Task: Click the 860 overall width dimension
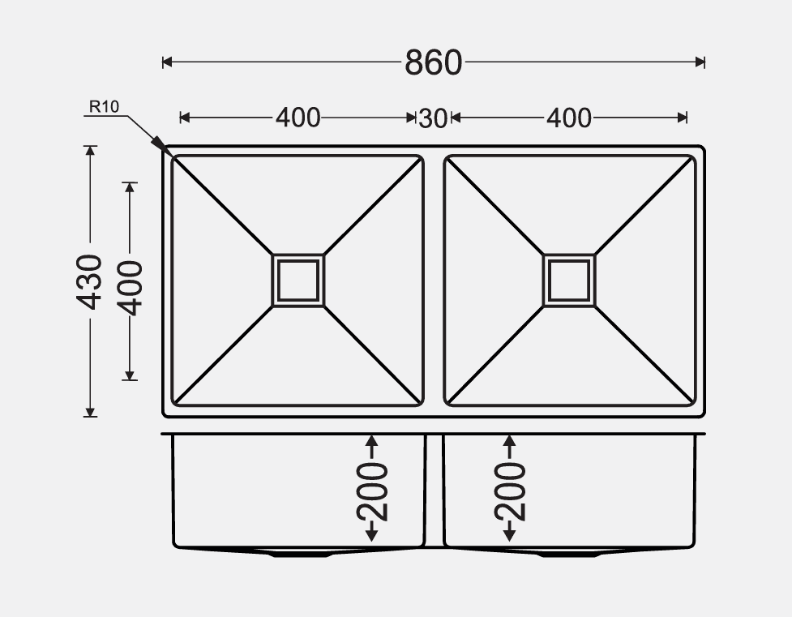[434, 62]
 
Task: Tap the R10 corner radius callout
[104, 107]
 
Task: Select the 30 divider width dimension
[433, 118]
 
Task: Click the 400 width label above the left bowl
[298, 118]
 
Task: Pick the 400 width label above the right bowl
[569, 118]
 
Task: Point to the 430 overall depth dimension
[89, 282]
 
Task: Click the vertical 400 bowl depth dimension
[130, 288]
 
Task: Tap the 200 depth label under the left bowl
[372, 491]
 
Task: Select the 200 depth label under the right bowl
[510, 491]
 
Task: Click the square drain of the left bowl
[298, 281]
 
